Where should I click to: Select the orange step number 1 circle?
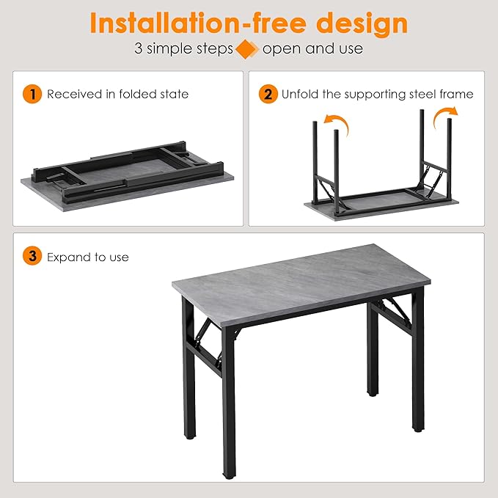[32, 94]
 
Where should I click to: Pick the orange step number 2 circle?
[268, 94]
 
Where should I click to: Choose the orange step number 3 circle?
[32, 257]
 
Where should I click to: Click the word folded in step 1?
[132, 94]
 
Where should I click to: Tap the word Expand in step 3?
[67, 257]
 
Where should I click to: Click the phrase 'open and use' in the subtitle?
[312, 50]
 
